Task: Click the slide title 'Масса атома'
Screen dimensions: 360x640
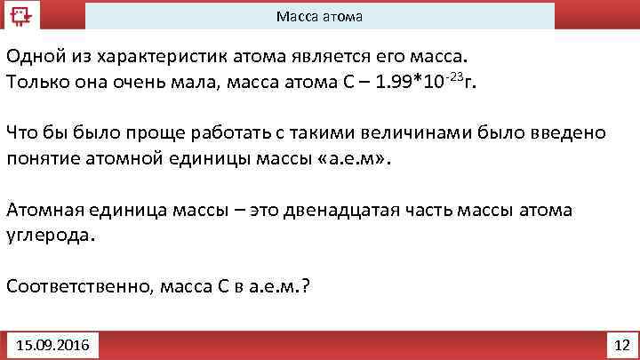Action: click(319, 17)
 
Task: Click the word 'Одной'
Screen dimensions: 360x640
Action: click(33, 57)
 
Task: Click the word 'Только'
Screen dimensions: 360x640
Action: click(36, 83)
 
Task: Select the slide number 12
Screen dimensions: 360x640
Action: click(621, 343)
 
